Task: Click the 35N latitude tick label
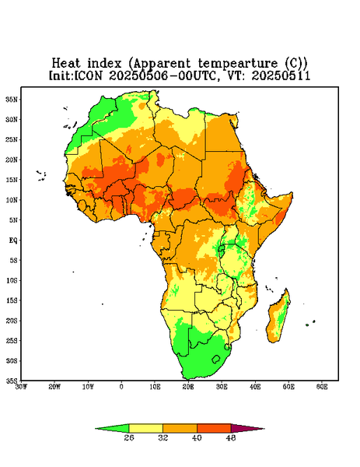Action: pyautogui.click(x=12, y=99)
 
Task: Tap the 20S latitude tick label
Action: pyautogui.click(x=12, y=321)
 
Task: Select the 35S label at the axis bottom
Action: pyautogui.click(x=12, y=381)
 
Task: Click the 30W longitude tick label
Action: pyautogui.click(x=21, y=387)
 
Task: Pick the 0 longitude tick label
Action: pyautogui.click(x=121, y=387)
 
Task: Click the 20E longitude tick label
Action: pyautogui.click(x=188, y=387)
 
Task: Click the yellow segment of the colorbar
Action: pyautogui.click(x=145, y=428)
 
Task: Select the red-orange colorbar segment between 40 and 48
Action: pyautogui.click(x=214, y=428)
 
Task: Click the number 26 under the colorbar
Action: pyautogui.click(x=129, y=437)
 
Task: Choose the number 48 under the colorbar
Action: pyautogui.click(x=231, y=437)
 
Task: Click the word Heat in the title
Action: pyautogui.click(x=66, y=64)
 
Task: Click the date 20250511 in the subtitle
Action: pyautogui.click(x=281, y=75)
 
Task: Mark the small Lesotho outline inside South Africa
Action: pyautogui.click(x=216, y=359)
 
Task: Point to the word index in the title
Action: pyautogui.click(x=104, y=64)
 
